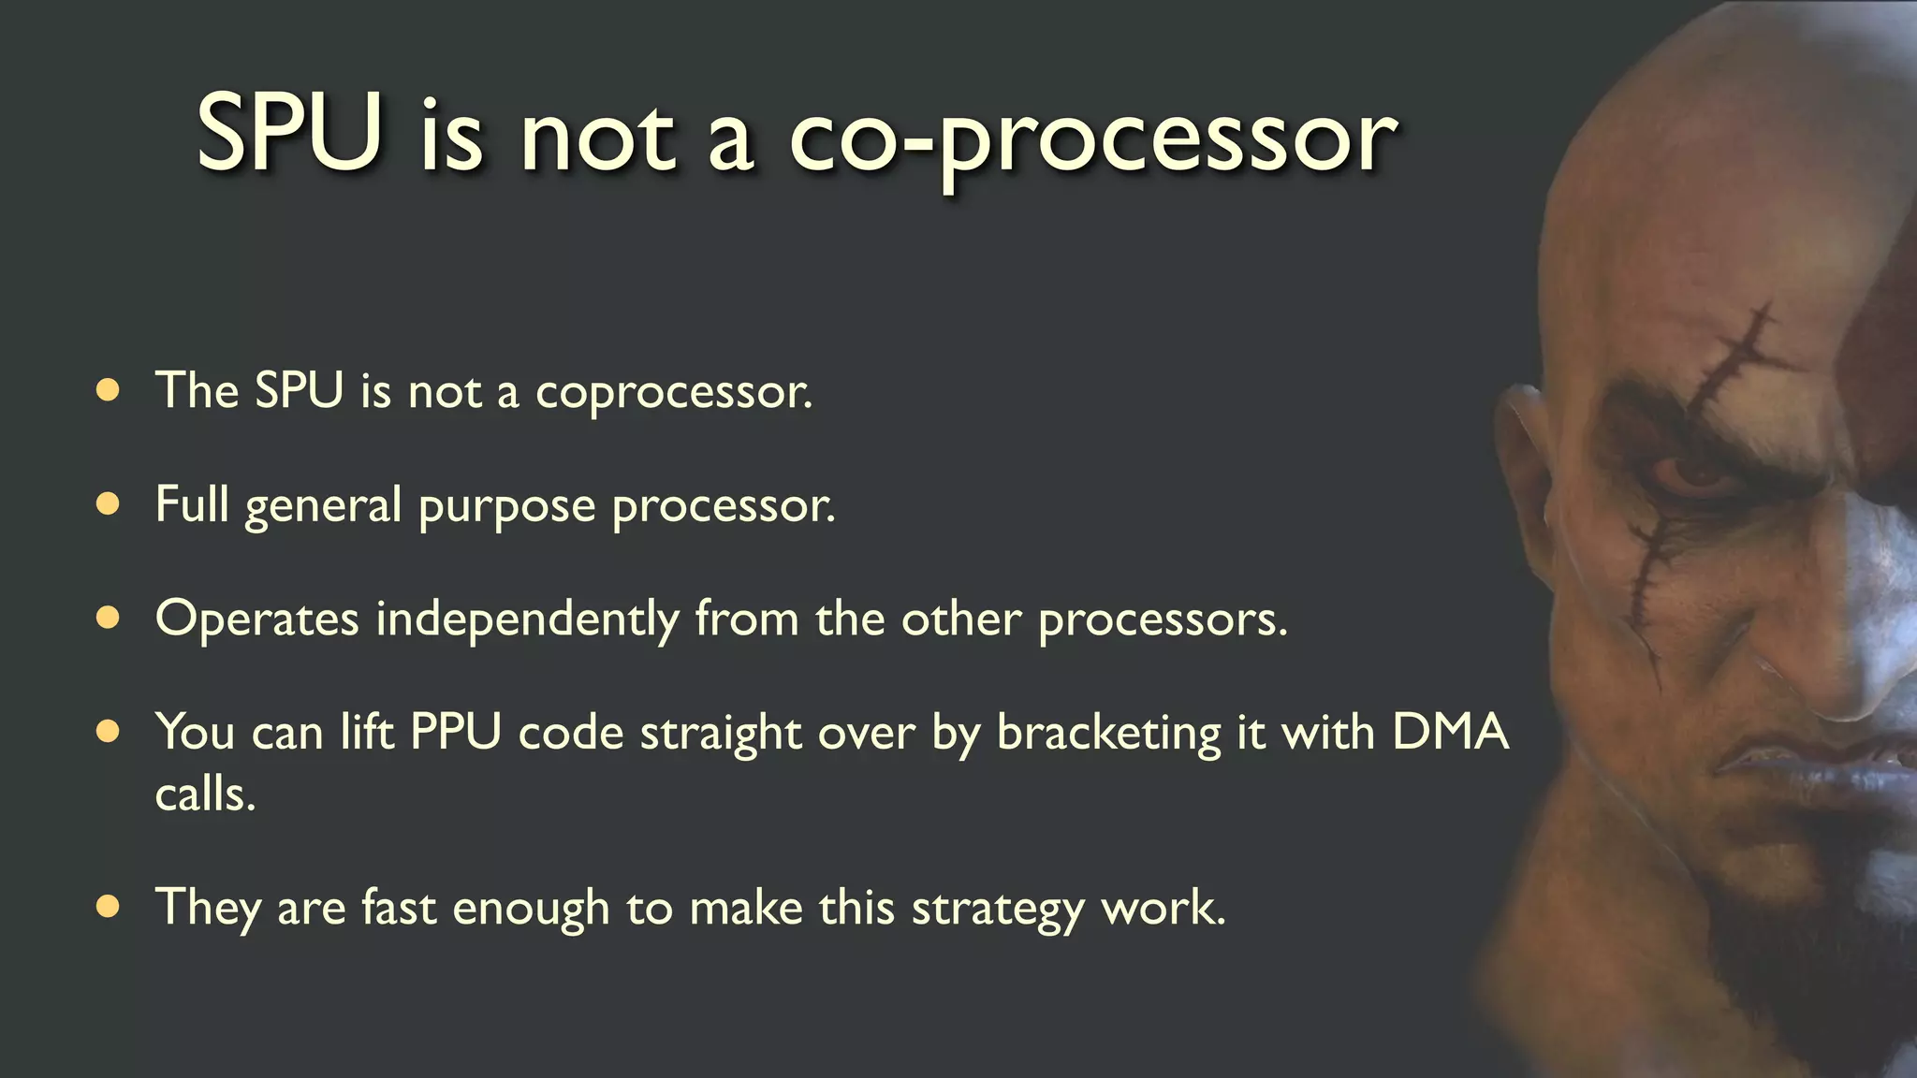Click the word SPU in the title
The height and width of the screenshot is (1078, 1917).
289,133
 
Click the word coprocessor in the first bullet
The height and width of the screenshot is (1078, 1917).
673,391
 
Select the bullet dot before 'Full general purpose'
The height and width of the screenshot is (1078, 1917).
109,504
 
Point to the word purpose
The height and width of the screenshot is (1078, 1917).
506,507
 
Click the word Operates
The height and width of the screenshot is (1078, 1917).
256,619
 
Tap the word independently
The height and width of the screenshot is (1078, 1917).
527,620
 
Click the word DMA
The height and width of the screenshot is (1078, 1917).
1450,732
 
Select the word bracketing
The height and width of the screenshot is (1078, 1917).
1108,734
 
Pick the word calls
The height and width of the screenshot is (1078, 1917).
205,795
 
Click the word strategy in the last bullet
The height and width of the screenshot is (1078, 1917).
997,909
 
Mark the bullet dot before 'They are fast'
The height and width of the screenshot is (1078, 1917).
109,906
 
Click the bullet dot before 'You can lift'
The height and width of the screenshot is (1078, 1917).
109,731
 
